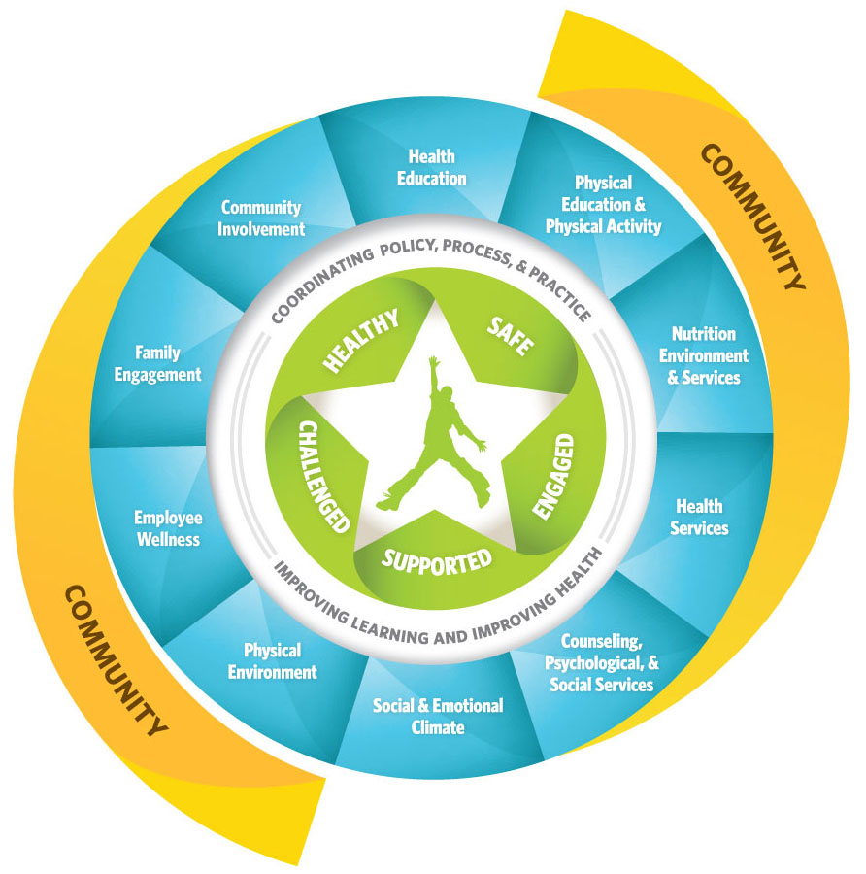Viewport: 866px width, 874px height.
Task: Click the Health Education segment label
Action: pos(431,167)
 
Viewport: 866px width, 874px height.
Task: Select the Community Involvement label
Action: pos(261,218)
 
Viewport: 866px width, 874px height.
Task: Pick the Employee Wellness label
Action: pos(166,528)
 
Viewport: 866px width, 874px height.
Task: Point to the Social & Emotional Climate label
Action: pos(438,716)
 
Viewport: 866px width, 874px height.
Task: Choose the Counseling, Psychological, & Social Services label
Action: pos(601,663)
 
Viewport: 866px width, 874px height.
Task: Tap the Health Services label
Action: pos(699,517)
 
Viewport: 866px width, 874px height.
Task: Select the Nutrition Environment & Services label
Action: pos(704,356)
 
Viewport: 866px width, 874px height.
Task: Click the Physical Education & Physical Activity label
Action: pos(603,205)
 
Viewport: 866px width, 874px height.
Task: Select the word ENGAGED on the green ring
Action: pos(555,476)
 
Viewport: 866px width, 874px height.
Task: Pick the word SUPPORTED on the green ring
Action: pos(436,558)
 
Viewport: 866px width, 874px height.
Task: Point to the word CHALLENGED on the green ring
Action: pos(323,477)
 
